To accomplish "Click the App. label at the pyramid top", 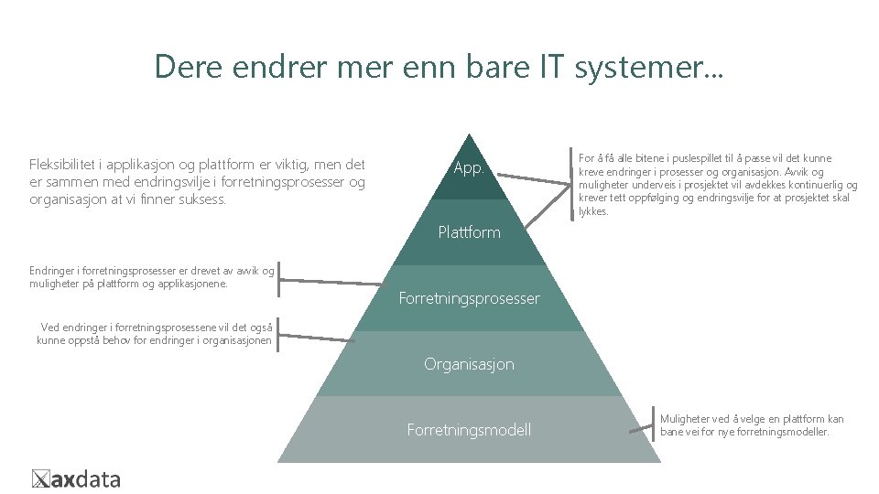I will [x=468, y=168].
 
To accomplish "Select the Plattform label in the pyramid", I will [x=469, y=232].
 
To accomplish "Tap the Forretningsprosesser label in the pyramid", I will [x=469, y=298].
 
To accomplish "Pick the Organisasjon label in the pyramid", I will [x=469, y=364].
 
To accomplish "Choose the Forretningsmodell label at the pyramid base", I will [x=469, y=429].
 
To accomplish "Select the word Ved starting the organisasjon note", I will [x=50, y=327].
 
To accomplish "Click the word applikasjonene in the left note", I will [x=182, y=284].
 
